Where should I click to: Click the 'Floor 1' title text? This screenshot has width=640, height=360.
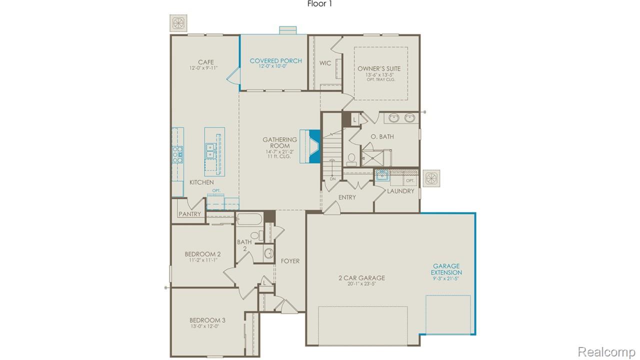319,4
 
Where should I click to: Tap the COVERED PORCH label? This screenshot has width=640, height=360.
275,61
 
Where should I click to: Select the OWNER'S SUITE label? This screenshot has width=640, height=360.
379,69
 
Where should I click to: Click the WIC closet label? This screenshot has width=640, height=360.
326,63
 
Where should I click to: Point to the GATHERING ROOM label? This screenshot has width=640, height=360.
280,143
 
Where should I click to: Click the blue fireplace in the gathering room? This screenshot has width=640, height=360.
314,146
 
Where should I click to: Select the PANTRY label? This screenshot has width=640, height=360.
190,214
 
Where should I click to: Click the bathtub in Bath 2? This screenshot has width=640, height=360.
249,219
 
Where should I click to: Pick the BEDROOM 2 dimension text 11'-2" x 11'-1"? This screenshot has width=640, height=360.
202,260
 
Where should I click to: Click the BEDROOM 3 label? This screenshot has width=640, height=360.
207,320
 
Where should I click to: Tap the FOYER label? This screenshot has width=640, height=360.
290,261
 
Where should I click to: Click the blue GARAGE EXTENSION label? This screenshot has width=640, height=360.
446,269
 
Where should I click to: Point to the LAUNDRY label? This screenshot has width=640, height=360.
400,191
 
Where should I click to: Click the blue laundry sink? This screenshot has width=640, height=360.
382,175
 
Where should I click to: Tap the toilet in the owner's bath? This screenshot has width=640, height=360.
351,159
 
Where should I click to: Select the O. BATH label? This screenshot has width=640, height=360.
382,136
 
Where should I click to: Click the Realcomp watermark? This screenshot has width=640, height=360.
606,352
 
